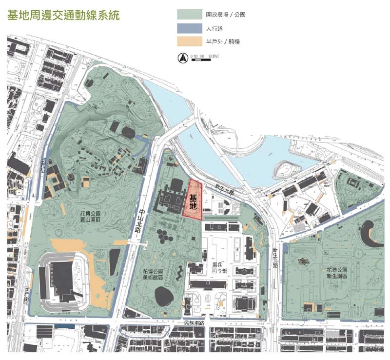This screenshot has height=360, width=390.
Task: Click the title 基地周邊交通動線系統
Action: point(63,14)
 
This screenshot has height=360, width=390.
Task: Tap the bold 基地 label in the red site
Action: point(193,202)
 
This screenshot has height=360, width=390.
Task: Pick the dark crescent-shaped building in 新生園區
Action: point(372,232)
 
